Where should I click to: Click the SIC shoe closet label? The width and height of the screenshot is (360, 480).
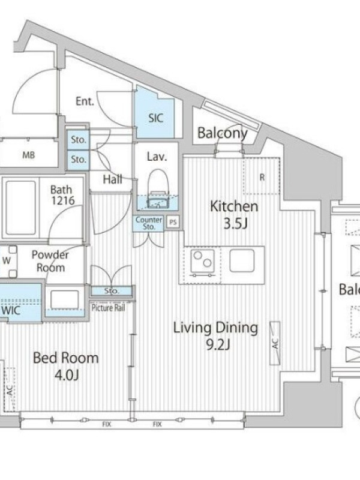[155, 118]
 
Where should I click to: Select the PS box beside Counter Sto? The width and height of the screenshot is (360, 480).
[173, 222]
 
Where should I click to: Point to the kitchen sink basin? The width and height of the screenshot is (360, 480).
[242, 260]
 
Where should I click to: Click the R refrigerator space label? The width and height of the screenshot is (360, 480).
[262, 177]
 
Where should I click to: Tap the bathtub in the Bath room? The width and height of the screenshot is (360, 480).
[21, 208]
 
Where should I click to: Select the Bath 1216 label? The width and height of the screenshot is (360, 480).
[62, 195]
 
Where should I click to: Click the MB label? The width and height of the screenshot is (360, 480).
[28, 155]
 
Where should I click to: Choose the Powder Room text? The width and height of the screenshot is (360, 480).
[50, 261]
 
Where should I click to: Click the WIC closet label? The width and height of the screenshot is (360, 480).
[11, 310]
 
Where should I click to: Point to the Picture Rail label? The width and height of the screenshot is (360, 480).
[109, 308]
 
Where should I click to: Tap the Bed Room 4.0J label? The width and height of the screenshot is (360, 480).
[66, 366]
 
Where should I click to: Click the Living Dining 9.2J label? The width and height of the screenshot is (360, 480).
[216, 335]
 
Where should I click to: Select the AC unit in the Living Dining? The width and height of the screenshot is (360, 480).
[275, 343]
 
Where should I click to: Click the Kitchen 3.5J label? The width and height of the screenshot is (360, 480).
[234, 215]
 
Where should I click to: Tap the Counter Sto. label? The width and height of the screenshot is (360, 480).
[149, 223]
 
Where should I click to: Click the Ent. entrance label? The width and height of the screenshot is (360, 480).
[85, 101]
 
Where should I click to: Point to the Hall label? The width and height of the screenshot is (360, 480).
[113, 179]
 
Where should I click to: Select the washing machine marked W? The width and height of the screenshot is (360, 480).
[8, 261]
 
